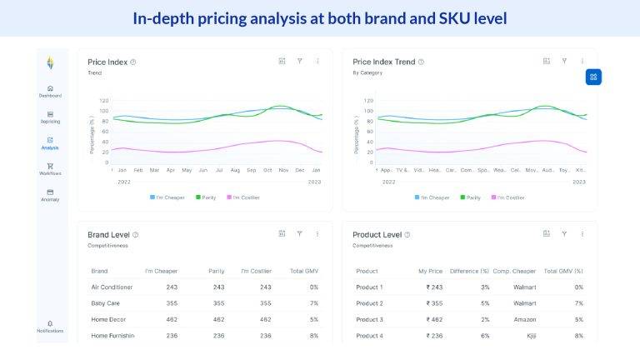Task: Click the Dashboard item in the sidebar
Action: pos(50,90)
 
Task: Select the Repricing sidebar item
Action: pos(50,116)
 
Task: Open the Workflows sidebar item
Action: pos(50,168)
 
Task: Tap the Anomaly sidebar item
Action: pos(50,194)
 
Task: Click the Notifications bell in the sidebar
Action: pos(50,325)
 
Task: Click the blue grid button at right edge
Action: pos(592,77)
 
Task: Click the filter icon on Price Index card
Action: pos(300,61)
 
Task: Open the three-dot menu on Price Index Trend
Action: pos(582,61)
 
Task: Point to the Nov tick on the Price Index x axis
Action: pos(283,170)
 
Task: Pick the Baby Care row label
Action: pos(106,303)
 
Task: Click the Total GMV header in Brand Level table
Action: pos(303,271)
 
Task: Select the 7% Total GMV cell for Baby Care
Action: pos(313,303)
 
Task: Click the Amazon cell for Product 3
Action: pos(524,319)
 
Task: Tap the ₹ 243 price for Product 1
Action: pos(434,287)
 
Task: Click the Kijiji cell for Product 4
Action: pos(529,336)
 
